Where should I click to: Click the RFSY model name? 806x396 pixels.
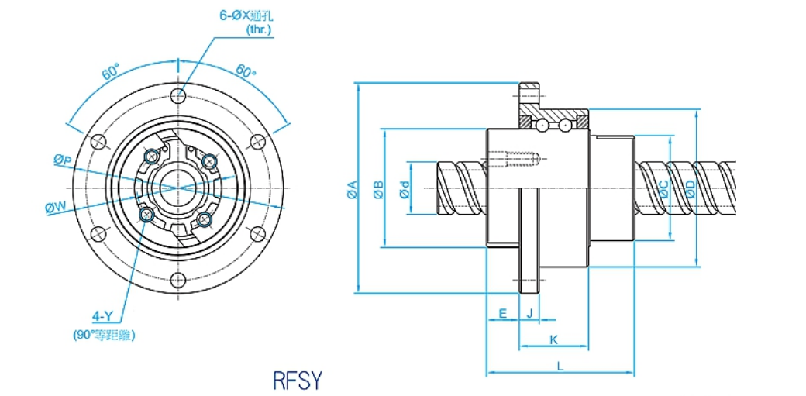(296, 381)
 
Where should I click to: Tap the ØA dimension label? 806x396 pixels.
(351, 190)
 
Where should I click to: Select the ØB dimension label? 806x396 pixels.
(377, 190)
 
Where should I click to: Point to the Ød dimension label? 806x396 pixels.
(404, 190)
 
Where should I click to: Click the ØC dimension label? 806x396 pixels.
(663, 190)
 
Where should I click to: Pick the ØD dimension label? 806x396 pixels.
(690, 188)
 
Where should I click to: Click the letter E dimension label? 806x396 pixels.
(503, 313)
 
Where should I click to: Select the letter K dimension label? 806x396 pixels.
(553, 339)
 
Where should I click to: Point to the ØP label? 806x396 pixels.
(63, 160)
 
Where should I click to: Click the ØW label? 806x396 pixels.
(56, 207)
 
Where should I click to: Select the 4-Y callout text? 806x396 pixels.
(104, 316)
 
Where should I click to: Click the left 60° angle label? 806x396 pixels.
(109, 73)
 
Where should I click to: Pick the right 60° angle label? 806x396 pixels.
(246, 73)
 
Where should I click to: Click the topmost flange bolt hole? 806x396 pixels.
(179, 95)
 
